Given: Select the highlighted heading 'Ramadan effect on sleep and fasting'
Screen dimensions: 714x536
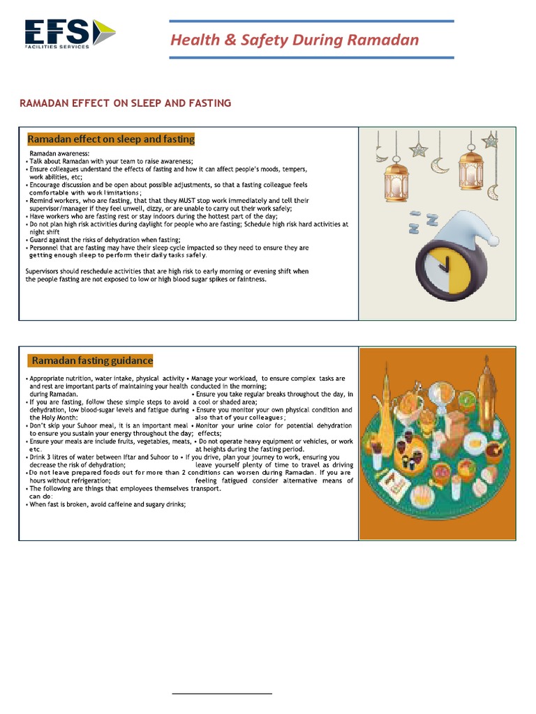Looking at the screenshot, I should point(110,139).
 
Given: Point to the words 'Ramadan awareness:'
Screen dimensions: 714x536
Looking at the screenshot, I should point(59,153).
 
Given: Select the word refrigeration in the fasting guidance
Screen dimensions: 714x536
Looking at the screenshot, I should point(86,480).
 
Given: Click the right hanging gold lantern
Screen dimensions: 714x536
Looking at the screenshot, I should point(471,166).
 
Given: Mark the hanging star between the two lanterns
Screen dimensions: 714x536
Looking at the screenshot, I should point(419,149).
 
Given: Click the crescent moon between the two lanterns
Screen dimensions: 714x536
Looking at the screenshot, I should point(440,165).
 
